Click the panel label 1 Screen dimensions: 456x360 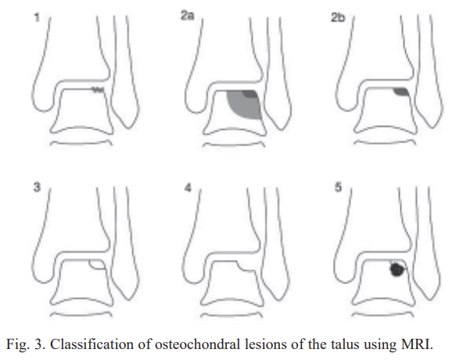pos(37,17)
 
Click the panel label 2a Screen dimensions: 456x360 pos(187,16)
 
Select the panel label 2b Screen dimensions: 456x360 pos(338,17)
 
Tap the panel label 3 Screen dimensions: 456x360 pos(37,187)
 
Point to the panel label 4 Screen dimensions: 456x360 pos(189,188)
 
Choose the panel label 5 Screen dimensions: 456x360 pos(338,187)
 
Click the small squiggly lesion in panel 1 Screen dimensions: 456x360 pos(98,90)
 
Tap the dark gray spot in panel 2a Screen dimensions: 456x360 pos(250,93)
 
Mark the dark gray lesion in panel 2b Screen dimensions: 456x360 pos(401,92)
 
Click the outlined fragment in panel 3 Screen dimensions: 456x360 pos(97,265)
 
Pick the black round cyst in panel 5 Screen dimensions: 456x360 pos(397,269)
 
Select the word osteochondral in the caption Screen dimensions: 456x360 pos(198,344)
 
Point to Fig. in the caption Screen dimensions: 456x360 pos(18,345)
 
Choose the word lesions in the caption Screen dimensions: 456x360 pos(265,344)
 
